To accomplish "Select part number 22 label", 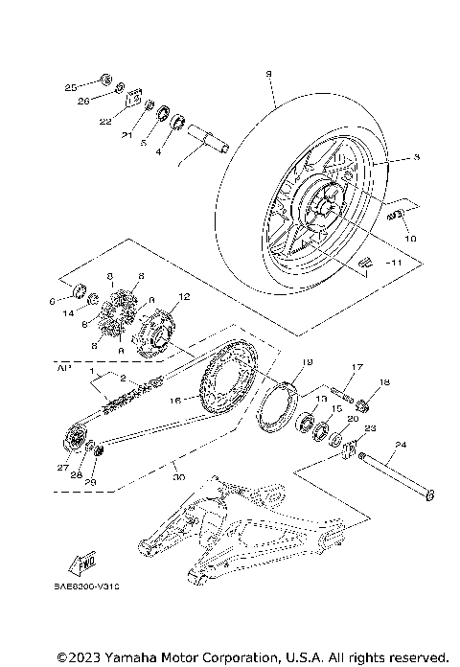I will [105, 122].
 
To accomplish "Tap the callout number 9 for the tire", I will [269, 73].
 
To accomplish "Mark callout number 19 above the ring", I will [309, 362].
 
